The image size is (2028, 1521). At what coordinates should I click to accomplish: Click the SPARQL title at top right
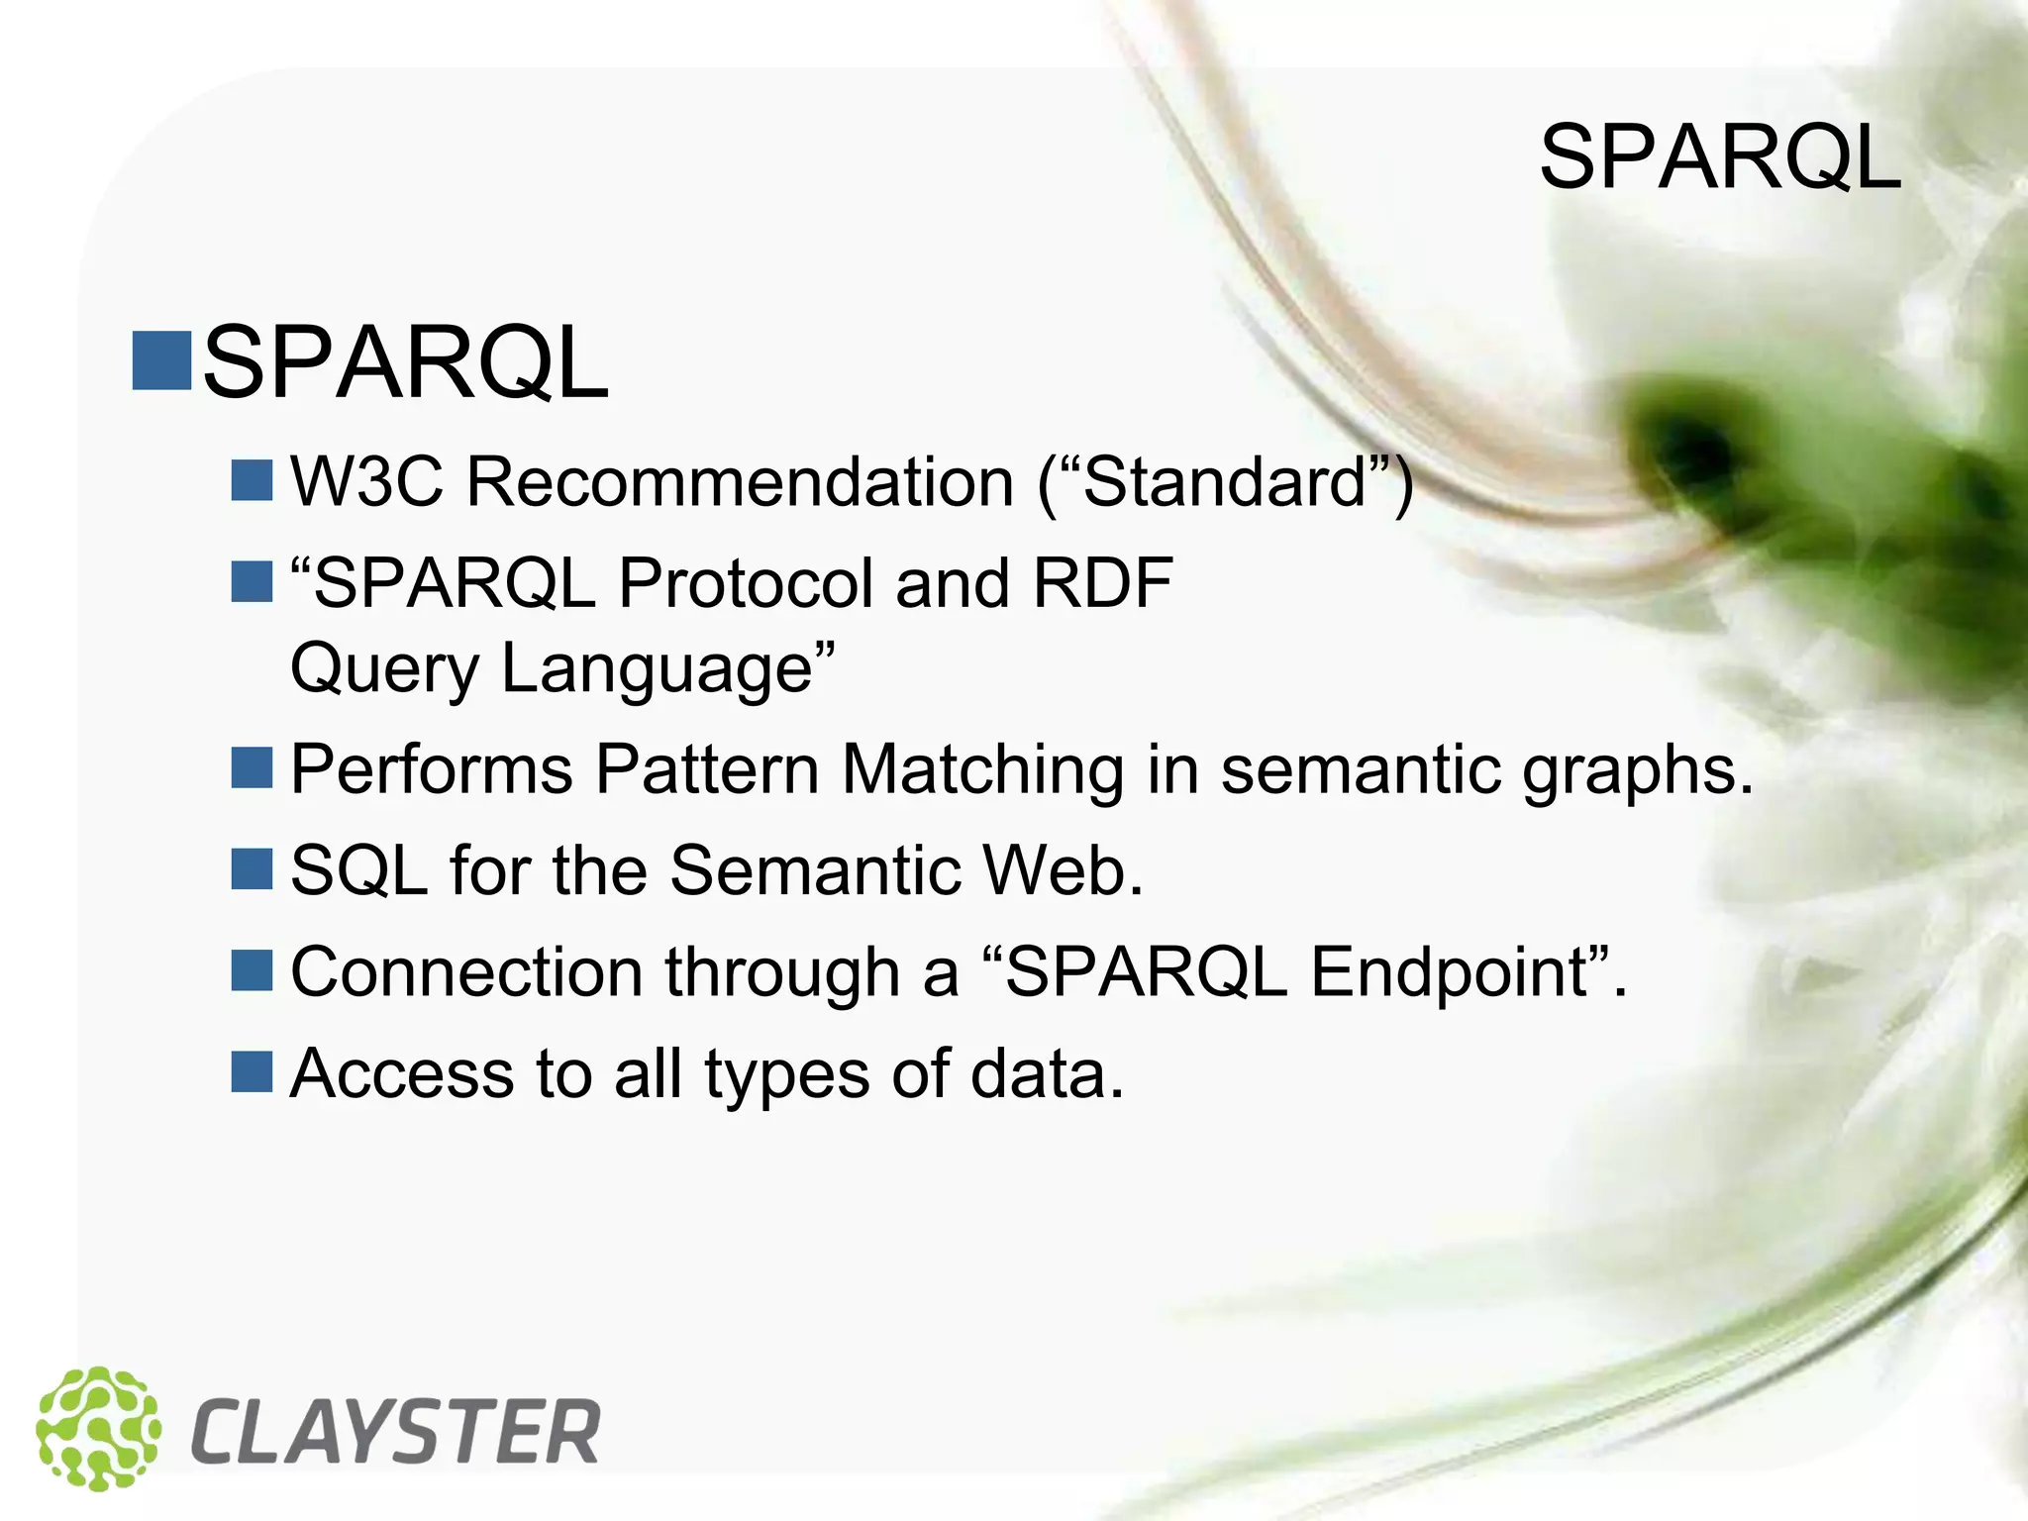pyautogui.click(x=1720, y=158)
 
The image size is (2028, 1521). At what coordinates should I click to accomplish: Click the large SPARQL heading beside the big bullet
pyautogui.click(x=405, y=363)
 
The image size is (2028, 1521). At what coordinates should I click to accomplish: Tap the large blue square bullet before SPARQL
pyautogui.click(x=161, y=361)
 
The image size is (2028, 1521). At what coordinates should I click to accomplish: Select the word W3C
pyautogui.click(x=366, y=482)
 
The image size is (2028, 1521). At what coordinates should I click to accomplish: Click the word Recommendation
pyautogui.click(x=741, y=482)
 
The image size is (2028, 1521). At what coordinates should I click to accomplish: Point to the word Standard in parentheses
pyautogui.click(x=1225, y=482)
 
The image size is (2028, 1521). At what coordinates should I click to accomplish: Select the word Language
pyautogui.click(x=658, y=670)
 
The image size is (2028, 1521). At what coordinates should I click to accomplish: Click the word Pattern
pyautogui.click(x=707, y=769)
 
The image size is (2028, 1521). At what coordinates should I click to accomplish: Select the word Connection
pyautogui.click(x=466, y=972)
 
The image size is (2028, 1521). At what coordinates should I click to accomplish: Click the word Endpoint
pyautogui.click(x=1449, y=974)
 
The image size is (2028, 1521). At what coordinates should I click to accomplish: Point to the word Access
pyautogui.click(x=402, y=1074)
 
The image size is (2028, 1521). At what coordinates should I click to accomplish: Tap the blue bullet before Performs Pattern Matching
pyautogui.click(x=252, y=768)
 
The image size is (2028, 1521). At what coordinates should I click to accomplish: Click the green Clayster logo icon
pyautogui.click(x=98, y=1429)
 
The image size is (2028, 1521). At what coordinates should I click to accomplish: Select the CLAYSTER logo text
pyautogui.click(x=395, y=1433)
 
